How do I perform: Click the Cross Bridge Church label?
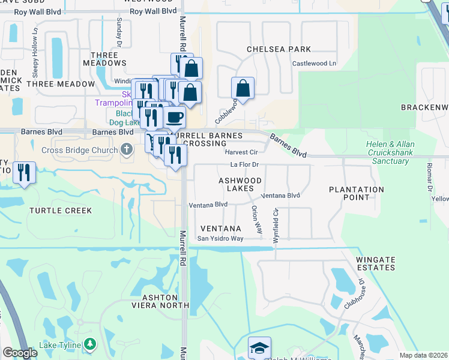[x=79, y=149]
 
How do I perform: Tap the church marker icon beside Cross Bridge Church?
[x=126, y=149]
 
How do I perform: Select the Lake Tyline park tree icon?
[x=90, y=344]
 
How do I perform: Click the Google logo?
[x=20, y=353]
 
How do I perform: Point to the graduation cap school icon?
[x=259, y=347]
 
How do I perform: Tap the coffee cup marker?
[x=175, y=117]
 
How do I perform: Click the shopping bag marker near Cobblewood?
[x=243, y=88]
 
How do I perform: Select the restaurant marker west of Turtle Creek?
[x=24, y=173]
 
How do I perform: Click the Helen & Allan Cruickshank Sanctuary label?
[x=390, y=152]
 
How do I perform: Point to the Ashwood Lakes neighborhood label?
[x=240, y=184]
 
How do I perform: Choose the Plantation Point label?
[x=357, y=193]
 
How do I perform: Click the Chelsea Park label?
[x=279, y=49]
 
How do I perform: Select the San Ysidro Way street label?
[x=221, y=239]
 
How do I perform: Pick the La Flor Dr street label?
[x=244, y=164]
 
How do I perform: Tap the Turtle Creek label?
[x=61, y=211]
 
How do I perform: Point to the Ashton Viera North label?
[x=160, y=301]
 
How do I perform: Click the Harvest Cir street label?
[x=241, y=152]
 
